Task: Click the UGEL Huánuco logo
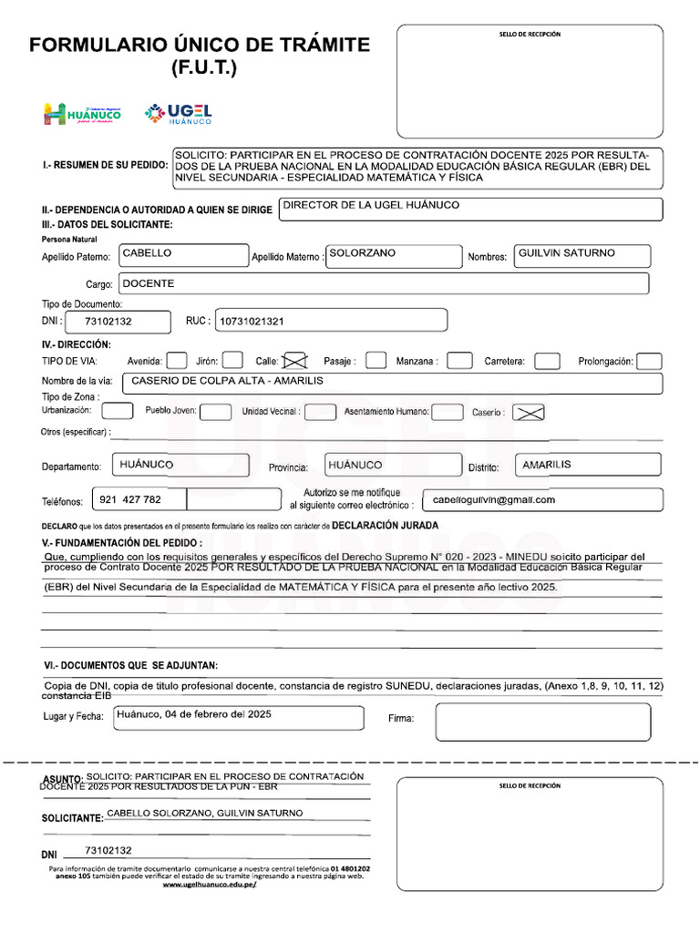(x=179, y=114)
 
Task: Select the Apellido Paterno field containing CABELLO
(x=182, y=256)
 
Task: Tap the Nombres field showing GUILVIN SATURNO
(x=582, y=256)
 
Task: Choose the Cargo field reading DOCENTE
(x=383, y=284)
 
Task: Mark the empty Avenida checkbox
(x=178, y=361)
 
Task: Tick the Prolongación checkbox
(x=649, y=361)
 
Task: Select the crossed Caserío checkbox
(x=530, y=412)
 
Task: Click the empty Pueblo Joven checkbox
(x=215, y=412)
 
